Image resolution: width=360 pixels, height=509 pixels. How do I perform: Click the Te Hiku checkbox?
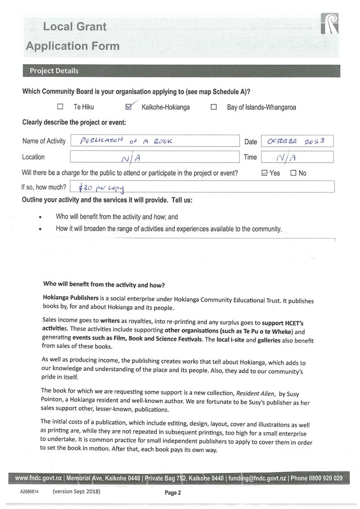(x=60, y=107)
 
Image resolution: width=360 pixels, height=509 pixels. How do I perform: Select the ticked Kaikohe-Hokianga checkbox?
(x=129, y=107)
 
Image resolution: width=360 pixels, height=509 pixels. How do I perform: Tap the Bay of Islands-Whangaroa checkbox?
(x=214, y=107)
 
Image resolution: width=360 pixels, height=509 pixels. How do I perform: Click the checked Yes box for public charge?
(x=264, y=173)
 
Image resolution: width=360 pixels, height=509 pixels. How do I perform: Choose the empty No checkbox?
(x=293, y=173)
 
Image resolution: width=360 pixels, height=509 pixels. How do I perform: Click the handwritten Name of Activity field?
(x=154, y=141)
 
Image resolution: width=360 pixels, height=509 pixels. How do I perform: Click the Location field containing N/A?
(x=154, y=157)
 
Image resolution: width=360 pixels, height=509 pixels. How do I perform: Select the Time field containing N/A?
(x=297, y=157)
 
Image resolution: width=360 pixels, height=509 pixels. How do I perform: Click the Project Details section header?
(x=54, y=71)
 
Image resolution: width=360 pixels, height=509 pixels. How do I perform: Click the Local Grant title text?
(x=74, y=27)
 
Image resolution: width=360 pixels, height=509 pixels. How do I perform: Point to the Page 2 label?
(x=173, y=493)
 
